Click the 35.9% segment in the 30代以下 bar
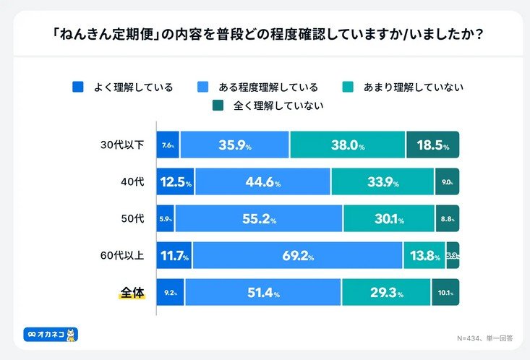coord(235,145)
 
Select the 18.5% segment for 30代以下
coord(432,145)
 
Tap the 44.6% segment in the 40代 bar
coord(262,182)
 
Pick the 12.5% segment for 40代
coord(176,182)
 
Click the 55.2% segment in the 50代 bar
coord(259,219)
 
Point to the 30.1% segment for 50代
coord(389,219)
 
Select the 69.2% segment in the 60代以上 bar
coord(297,256)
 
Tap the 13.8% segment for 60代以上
coord(424,256)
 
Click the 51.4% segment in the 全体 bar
coord(259,293)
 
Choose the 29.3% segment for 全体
coord(387,293)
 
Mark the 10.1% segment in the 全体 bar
coord(445,293)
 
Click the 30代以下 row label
coord(121,145)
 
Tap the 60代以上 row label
coord(121,256)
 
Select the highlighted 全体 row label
coord(132,293)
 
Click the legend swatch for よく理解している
coord(78,87)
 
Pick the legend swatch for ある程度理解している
coord(204,87)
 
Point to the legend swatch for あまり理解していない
coord(348,87)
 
